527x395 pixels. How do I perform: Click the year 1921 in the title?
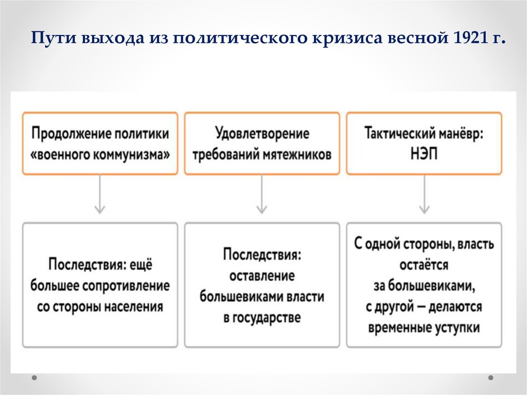point(467,39)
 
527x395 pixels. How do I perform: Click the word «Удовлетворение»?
point(262,134)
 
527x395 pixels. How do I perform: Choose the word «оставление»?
point(262,276)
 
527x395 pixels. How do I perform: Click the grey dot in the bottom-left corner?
point(34,377)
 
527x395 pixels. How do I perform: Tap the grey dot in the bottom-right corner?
point(491,377)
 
